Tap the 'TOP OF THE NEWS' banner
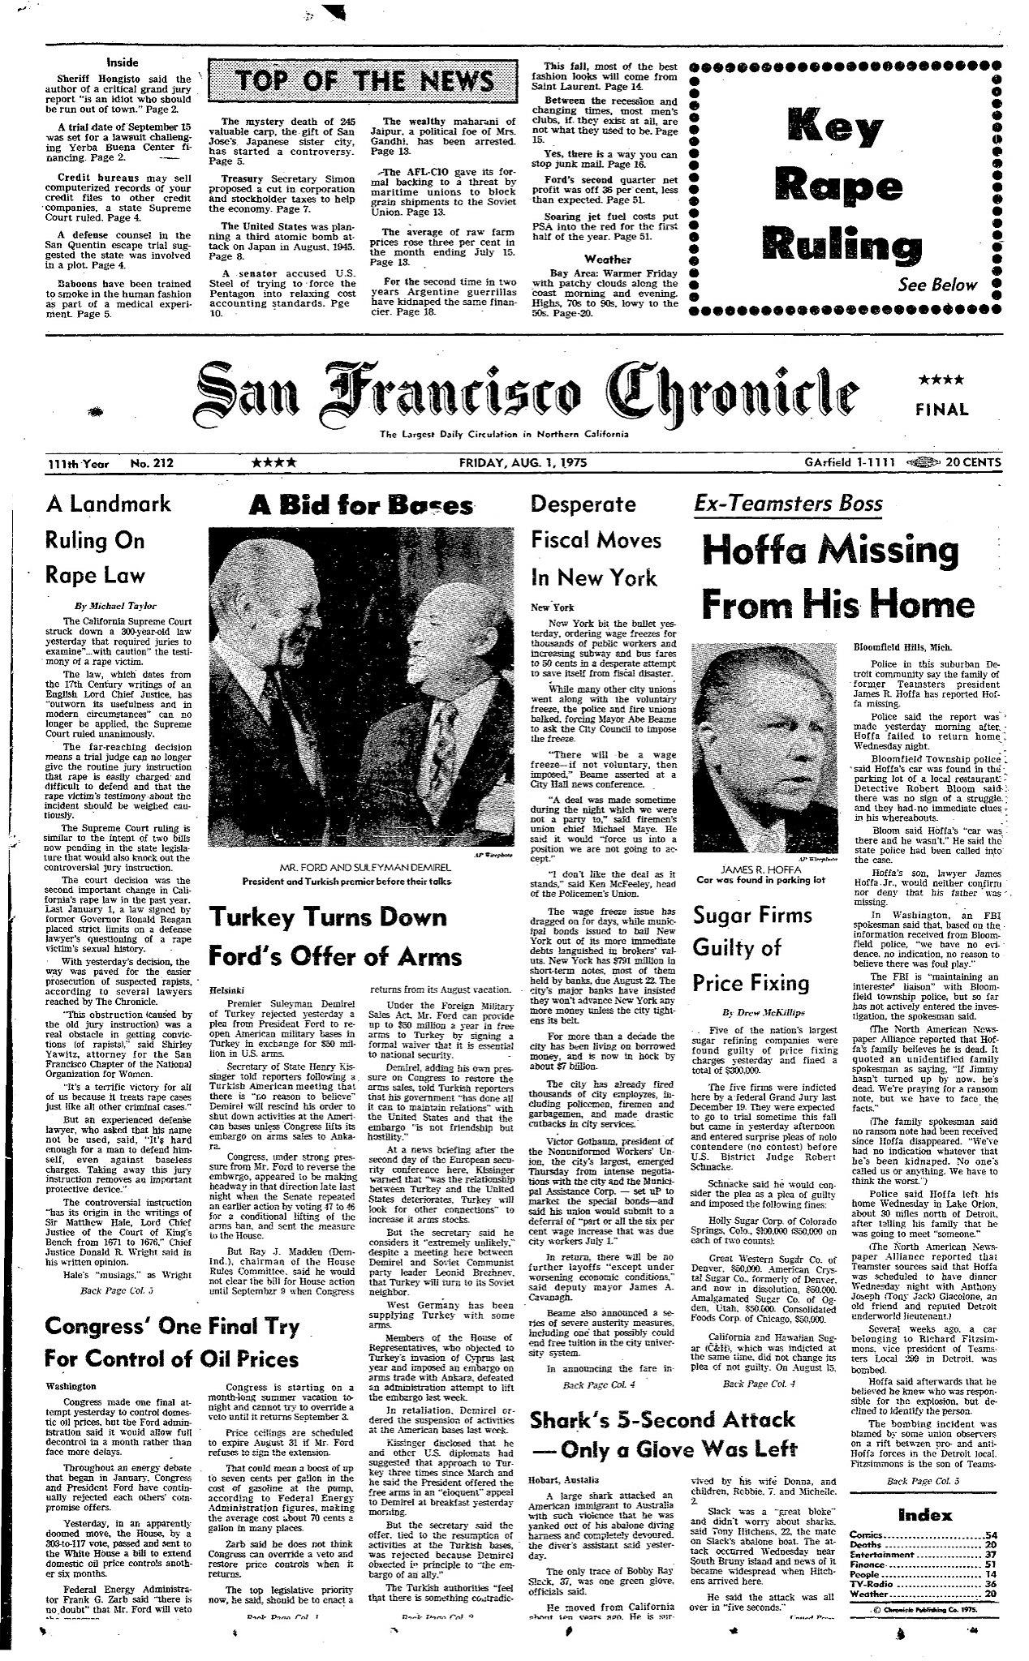point(364,82)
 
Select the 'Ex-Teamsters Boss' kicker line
point(787,504)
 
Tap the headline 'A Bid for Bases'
point(361,505)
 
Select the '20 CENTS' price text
point(972,463)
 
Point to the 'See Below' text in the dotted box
point(937,285)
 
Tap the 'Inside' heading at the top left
point(123,62)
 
